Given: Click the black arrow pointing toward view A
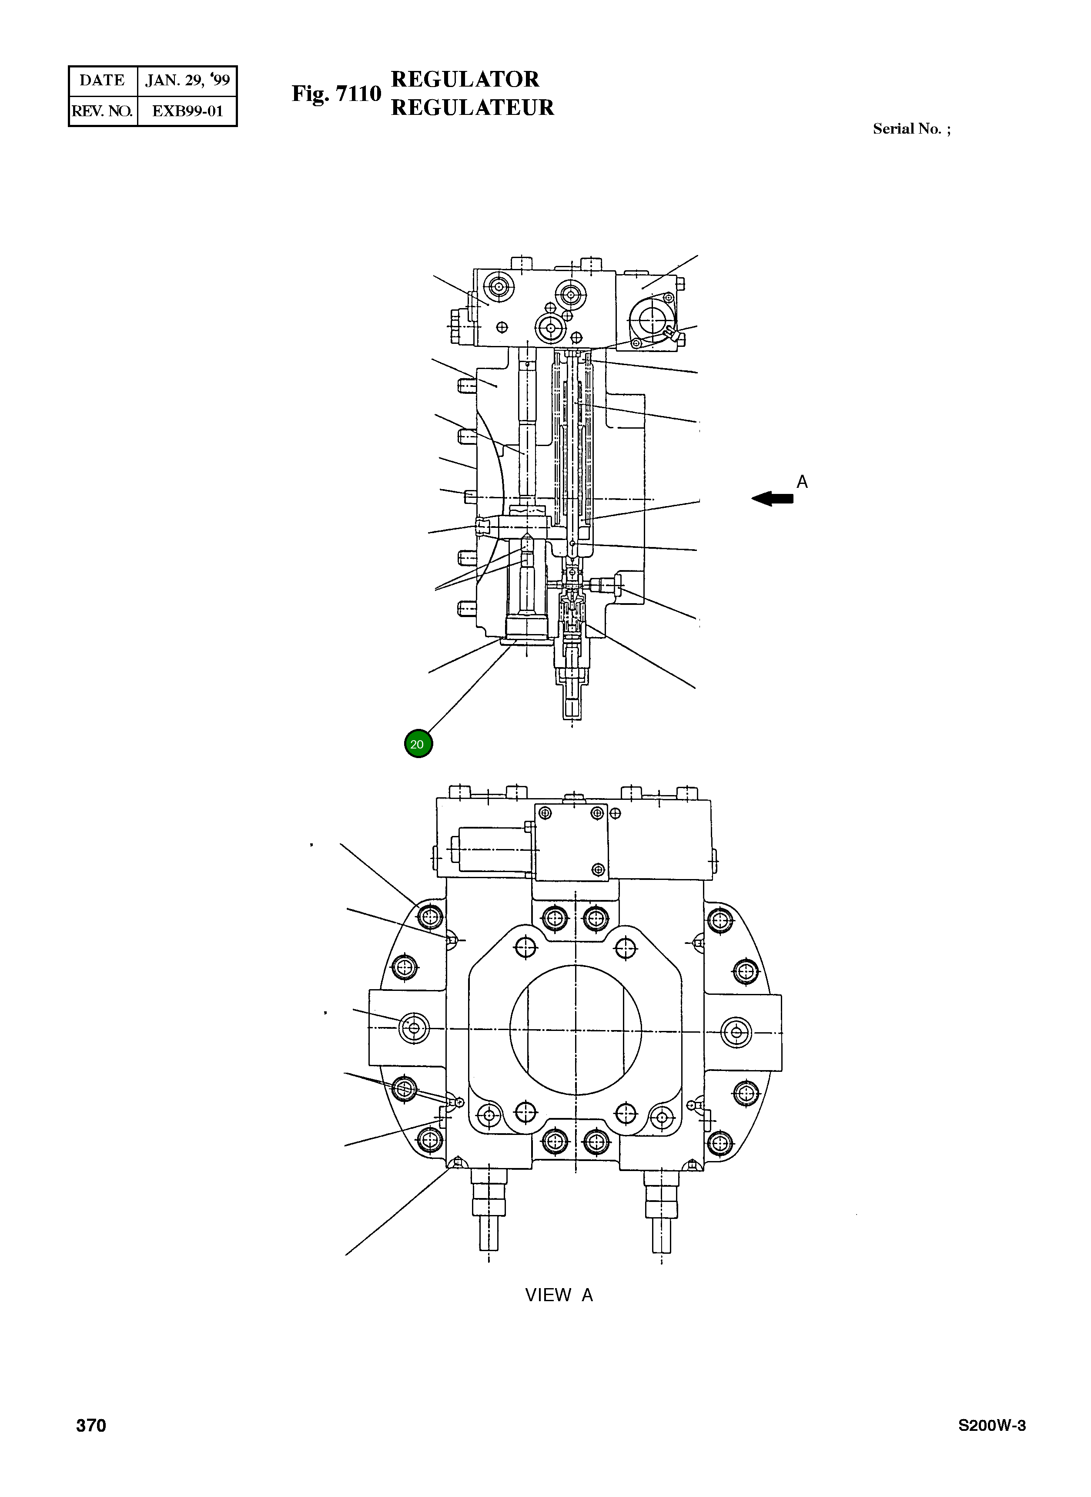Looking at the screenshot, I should [772, 499].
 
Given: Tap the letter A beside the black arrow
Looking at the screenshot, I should [802, 482].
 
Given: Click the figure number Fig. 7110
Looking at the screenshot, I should [336, 94].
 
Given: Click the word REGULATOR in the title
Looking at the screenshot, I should [465, 79].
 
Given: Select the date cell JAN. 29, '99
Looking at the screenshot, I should [187, 81].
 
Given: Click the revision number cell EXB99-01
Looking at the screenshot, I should [187, 111].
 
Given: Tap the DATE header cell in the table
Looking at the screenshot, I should [102, 81].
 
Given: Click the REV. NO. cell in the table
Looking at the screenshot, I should [102, 111].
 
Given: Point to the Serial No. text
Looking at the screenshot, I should [911, 129].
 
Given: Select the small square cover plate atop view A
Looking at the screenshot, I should [571, 842].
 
